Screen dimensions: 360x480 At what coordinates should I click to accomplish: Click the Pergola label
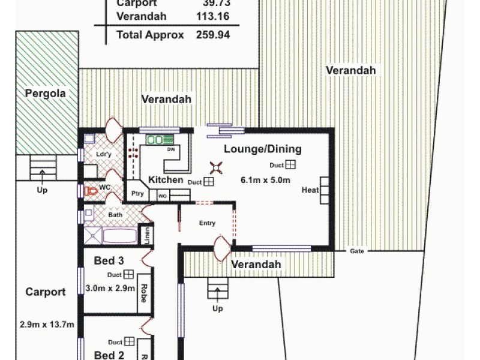pyautogui.click(x=45, y=94)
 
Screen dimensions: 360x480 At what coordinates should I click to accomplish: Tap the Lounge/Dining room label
pyautogui.click(x=263, y=149)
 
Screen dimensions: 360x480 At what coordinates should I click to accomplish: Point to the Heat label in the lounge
pyautogui.click(x=310, y=190)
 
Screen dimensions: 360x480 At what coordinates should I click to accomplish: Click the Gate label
pyautogui.click(x=358, y=251)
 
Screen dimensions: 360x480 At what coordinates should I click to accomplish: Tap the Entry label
pyautogui.click(x=207, y=223)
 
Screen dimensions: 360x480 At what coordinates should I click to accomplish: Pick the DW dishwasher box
pyautogui.click(x=171, y=149)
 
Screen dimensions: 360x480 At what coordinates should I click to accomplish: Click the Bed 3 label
pyautogui.click(x=109, y=260)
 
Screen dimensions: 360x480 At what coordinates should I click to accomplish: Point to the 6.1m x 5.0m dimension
pyautogui.click(x=265, y=180)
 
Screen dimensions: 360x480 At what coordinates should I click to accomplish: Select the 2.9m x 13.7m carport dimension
pyautogui.click(x=47, y=325)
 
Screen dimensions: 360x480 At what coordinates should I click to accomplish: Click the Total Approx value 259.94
pyautogui.click(x=213, y=35)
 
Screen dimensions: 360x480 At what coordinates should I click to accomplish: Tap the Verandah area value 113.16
pyautogui.click(x=213, y=16)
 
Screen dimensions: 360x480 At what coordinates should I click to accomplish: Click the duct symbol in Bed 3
pyautogui.click(x=128, y=275)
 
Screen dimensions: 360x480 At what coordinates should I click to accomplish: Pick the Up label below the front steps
pyautogui.click(x=217, y=309)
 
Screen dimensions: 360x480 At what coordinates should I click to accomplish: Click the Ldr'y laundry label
pyautogui.click(x=104, y=154)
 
